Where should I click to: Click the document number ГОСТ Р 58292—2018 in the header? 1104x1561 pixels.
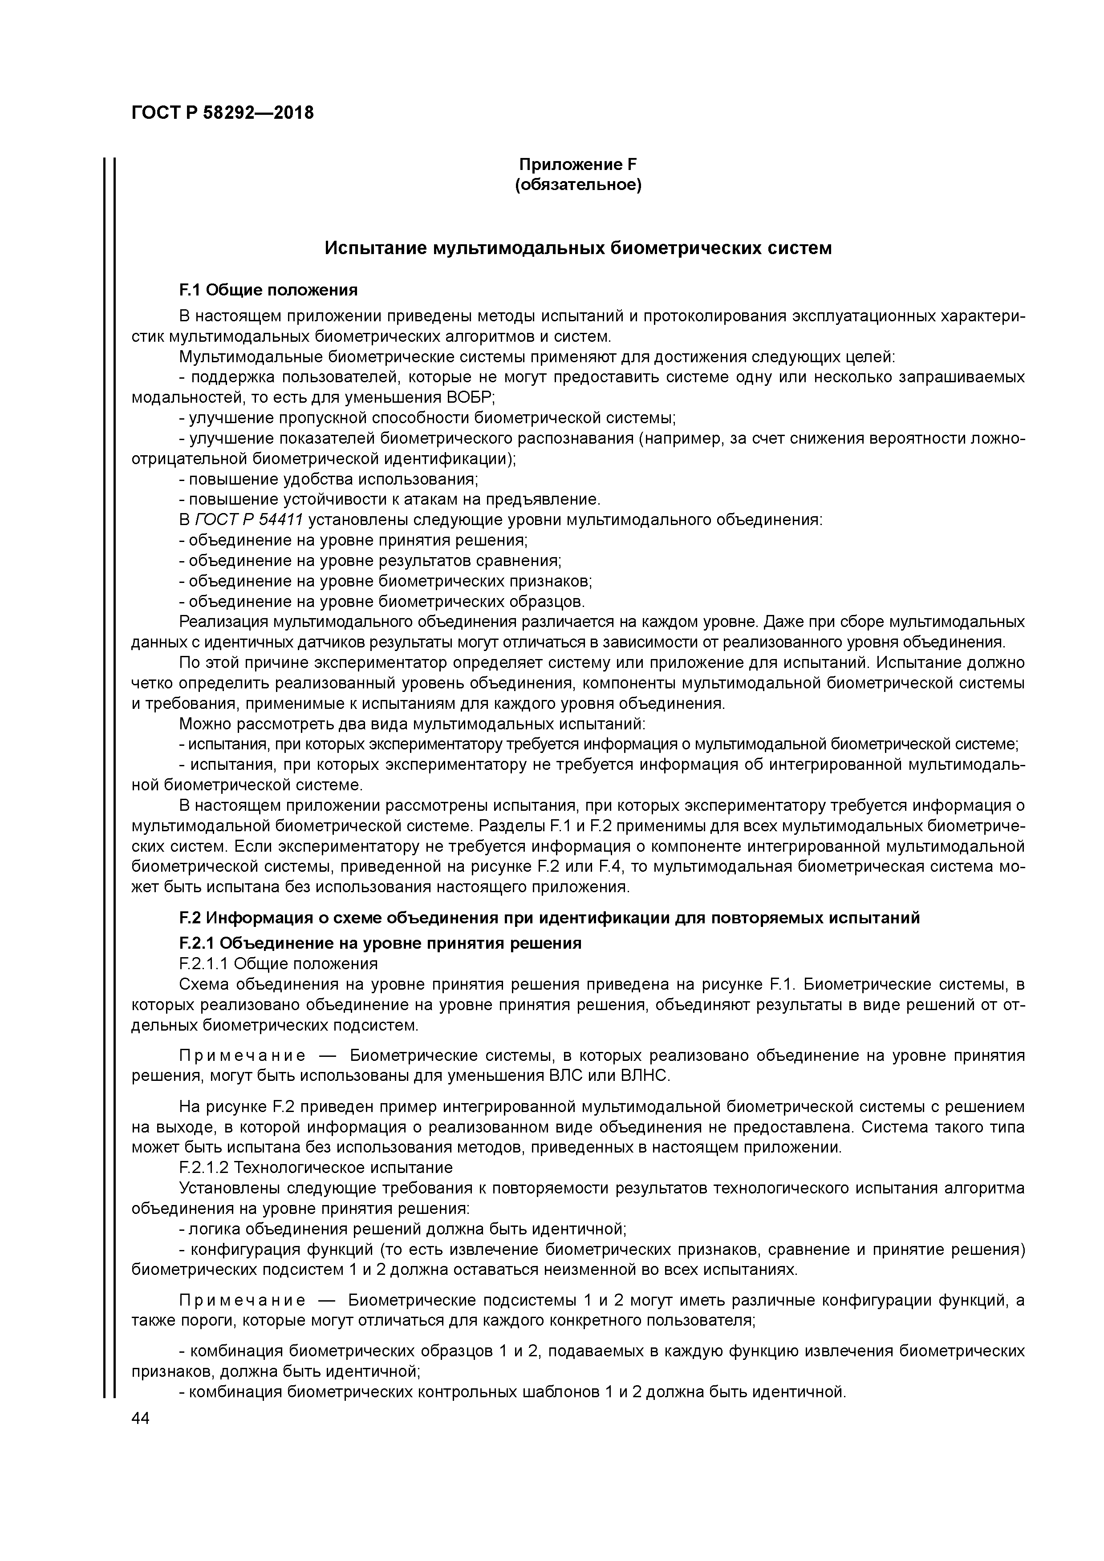pyautogui.click(x=223, y=113)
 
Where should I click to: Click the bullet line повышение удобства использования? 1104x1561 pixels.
pyautogui.click(x=329, y=479)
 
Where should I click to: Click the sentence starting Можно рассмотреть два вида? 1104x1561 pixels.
pyautogui.click(x=411, y=724)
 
